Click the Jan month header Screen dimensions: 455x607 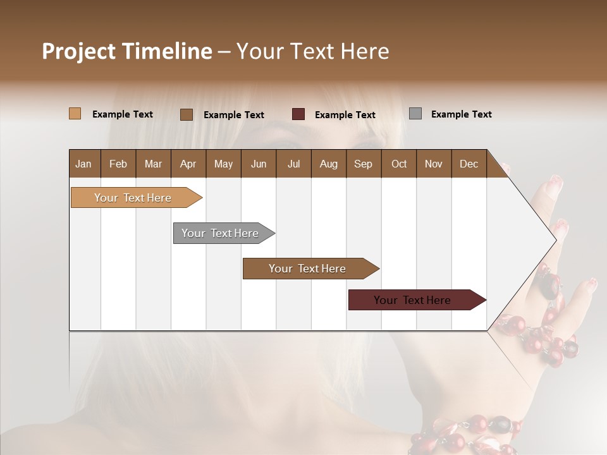[x=83, y=164]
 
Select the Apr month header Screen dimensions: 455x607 [x=188, y=164]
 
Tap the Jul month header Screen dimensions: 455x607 [x=293, y=164]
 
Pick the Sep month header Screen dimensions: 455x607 [x=363, y=164]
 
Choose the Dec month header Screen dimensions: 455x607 [x=469, y=164]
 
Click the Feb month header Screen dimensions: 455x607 [x=118, y=164]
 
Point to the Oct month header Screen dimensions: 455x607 [x=399, y=164]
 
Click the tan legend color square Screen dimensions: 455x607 [x=75, y=114]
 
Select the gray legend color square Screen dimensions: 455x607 [x=415, y=114]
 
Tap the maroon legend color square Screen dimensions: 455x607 [x=298, y=114]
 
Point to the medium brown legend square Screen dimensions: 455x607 [x=187, y=114]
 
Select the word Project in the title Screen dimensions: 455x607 [x=79, y=51]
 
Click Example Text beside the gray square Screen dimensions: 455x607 [x=461, y=114]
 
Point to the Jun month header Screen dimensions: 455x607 [x=259, y=164]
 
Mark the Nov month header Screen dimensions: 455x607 [x=434, y=164]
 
